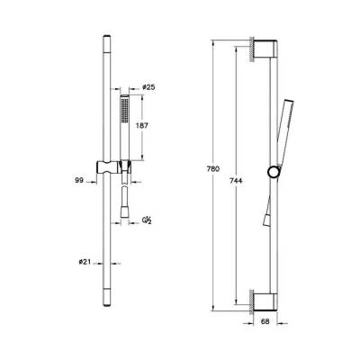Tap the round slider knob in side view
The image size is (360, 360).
[271, 172]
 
